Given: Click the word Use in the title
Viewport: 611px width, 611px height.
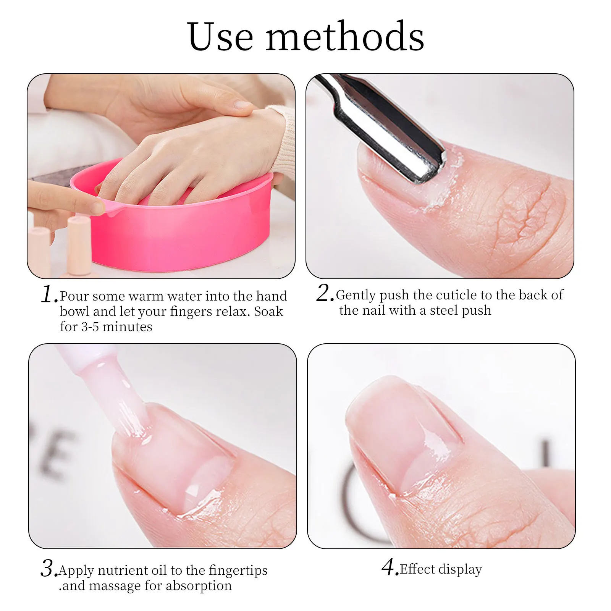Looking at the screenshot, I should [220, 37].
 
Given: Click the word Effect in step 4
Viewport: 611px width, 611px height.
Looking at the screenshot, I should [417, 569].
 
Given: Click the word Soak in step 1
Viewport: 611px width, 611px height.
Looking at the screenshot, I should [268, 312].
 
